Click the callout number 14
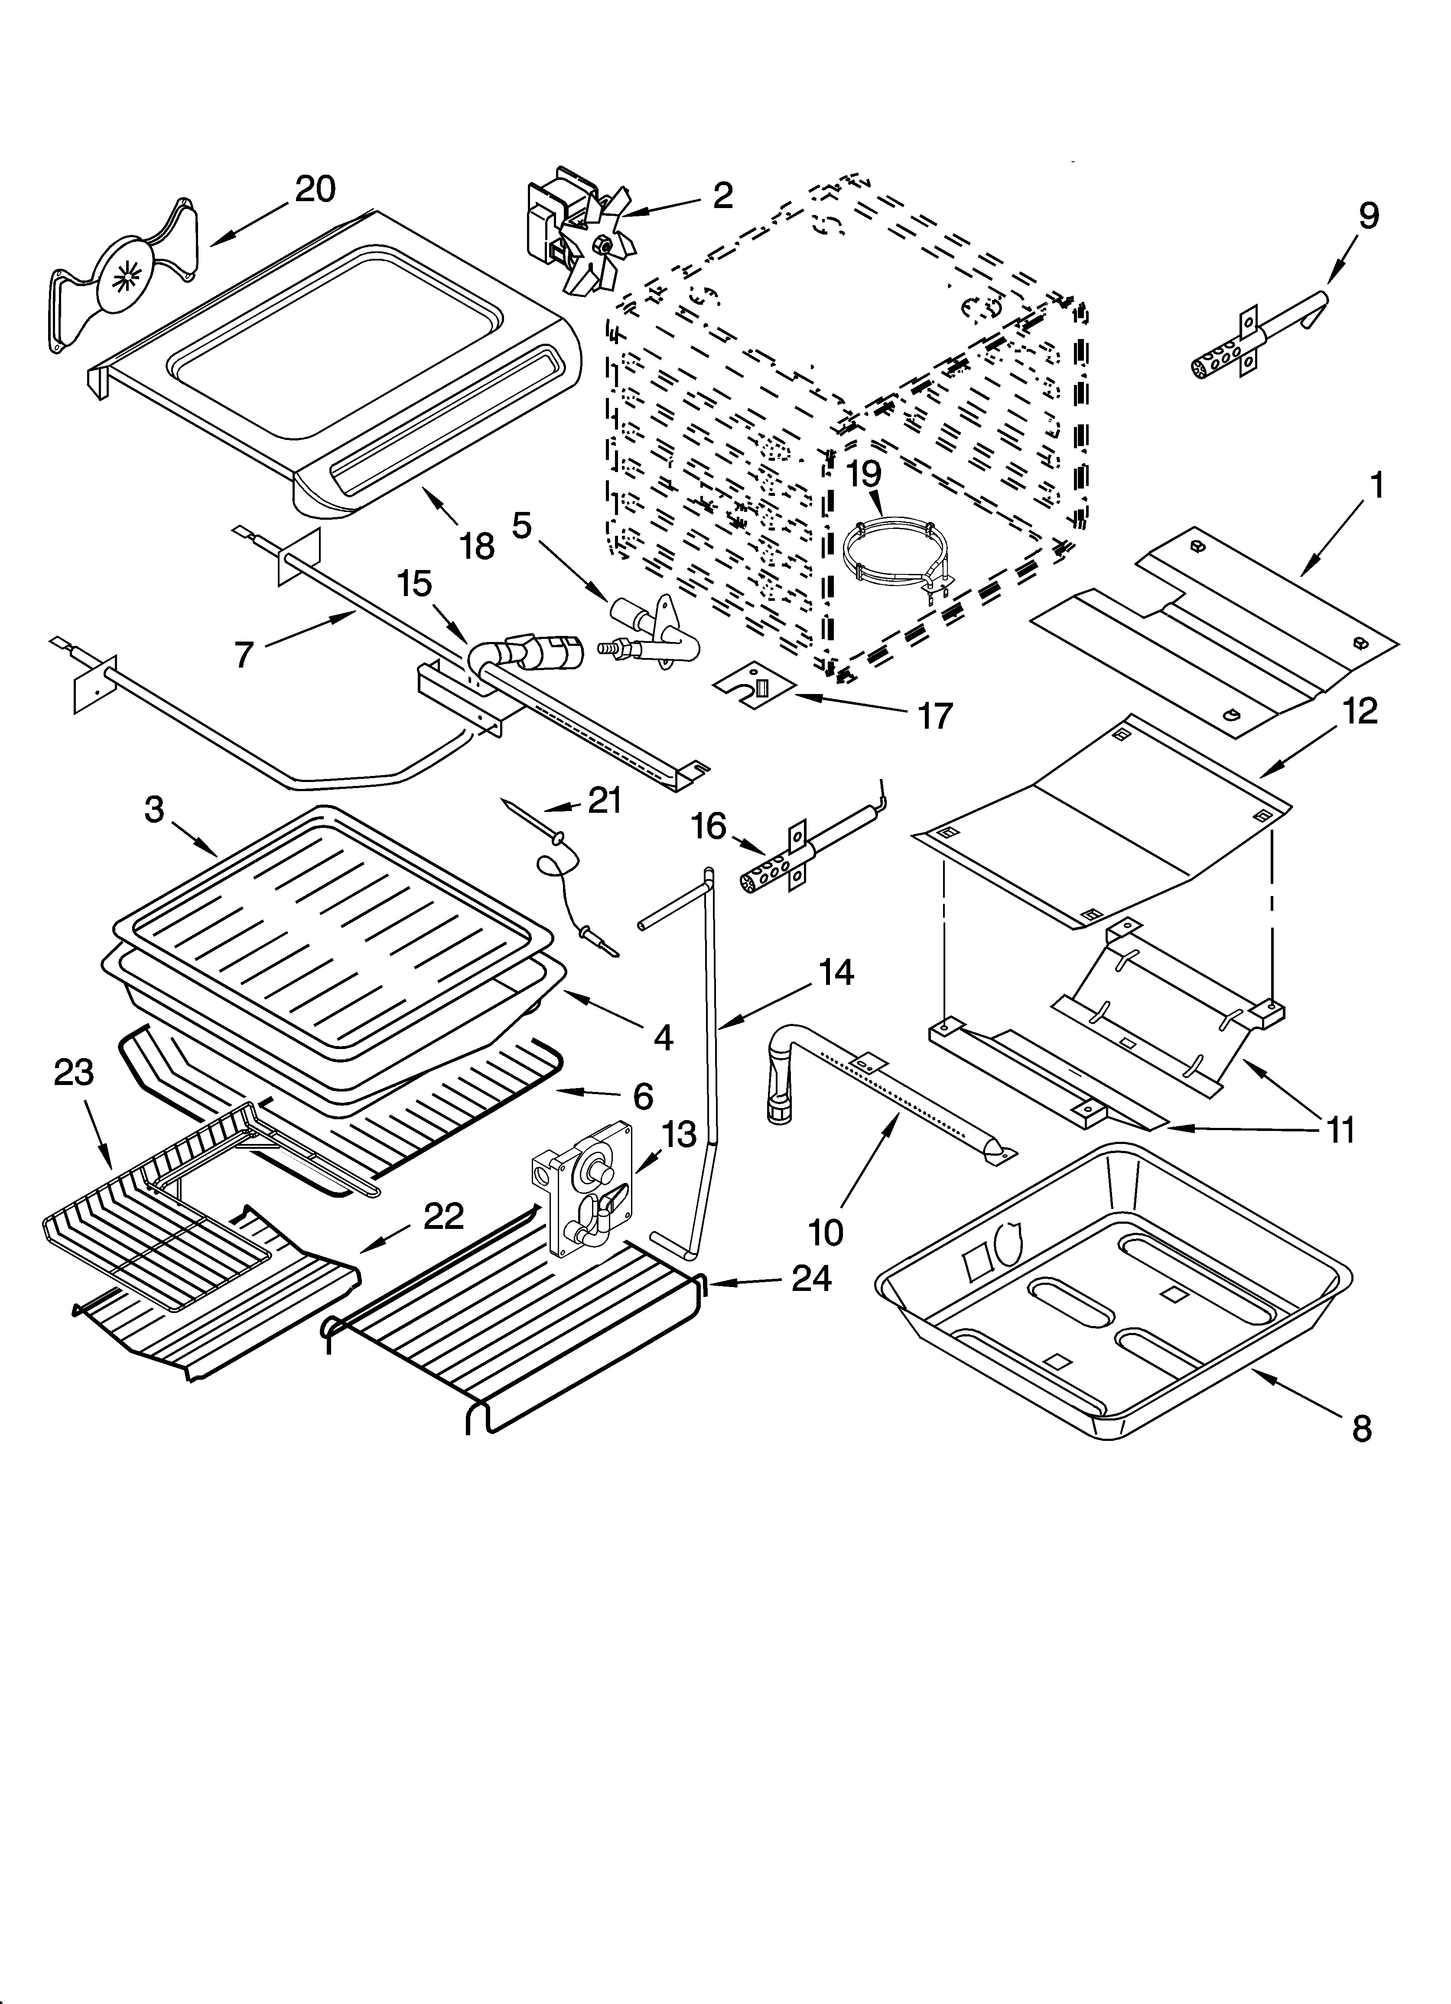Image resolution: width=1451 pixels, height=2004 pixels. pyautogui.click(x=836, y=973)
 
